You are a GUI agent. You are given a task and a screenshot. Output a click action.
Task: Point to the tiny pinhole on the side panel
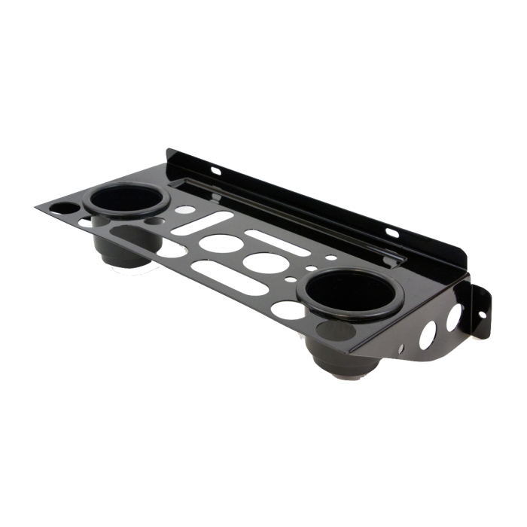click(x=404, y=348)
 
